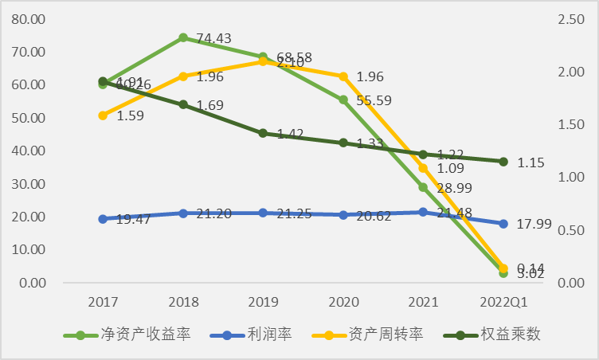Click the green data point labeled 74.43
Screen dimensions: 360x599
click(183, 37)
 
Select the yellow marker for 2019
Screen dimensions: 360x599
click(263, 61)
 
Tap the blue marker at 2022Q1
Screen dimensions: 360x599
click(503, 224)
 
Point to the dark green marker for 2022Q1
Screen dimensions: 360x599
click(503, 162)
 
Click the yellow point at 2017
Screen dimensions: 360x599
click(103, 115)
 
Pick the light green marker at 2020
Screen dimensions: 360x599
click(343, 100)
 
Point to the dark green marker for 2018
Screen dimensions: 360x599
click(183, 104)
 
